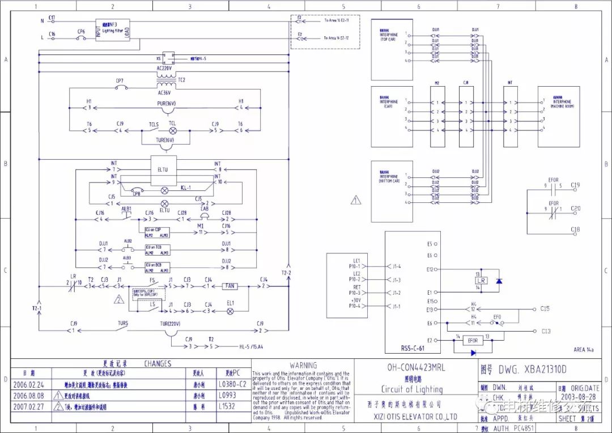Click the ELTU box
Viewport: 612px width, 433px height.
coord(163,169)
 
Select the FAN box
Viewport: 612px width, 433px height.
coord(230,286)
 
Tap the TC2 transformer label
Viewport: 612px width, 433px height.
coord(182,80)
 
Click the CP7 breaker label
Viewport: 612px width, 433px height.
coord(120,81)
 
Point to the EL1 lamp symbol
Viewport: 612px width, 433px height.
coord(230,311)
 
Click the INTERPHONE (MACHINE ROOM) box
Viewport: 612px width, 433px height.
coord(558,116)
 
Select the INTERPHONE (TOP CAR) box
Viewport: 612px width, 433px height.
coord(392,49)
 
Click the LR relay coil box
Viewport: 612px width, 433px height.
coord(481,281)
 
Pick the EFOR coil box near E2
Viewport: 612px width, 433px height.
coord(473,341)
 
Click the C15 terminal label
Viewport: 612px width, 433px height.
coord(545,308)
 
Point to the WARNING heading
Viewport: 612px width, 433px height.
coord(303,366)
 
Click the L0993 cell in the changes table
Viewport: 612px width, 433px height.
coord(233,395)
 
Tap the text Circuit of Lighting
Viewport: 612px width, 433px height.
coord(412,389)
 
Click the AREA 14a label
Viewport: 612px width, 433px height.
coord(583,350)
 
